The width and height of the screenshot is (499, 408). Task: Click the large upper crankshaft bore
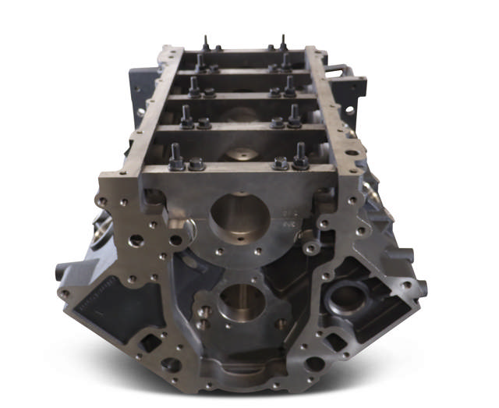tap(239, 215)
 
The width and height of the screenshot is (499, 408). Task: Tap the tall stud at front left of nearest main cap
tap(176, 157)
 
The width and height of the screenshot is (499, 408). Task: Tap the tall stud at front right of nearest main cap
tap(300, 155)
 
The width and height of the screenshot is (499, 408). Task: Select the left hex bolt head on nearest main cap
tap(196, 164)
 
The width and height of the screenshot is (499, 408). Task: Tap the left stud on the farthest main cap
tap(207, 43)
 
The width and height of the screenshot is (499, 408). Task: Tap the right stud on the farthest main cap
tap(282, 43)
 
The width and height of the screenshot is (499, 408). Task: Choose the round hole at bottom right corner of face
tap(315, 364)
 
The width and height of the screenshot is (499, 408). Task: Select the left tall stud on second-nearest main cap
tap(186, 116)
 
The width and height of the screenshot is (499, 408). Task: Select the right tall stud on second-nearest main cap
tap(294, 115)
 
